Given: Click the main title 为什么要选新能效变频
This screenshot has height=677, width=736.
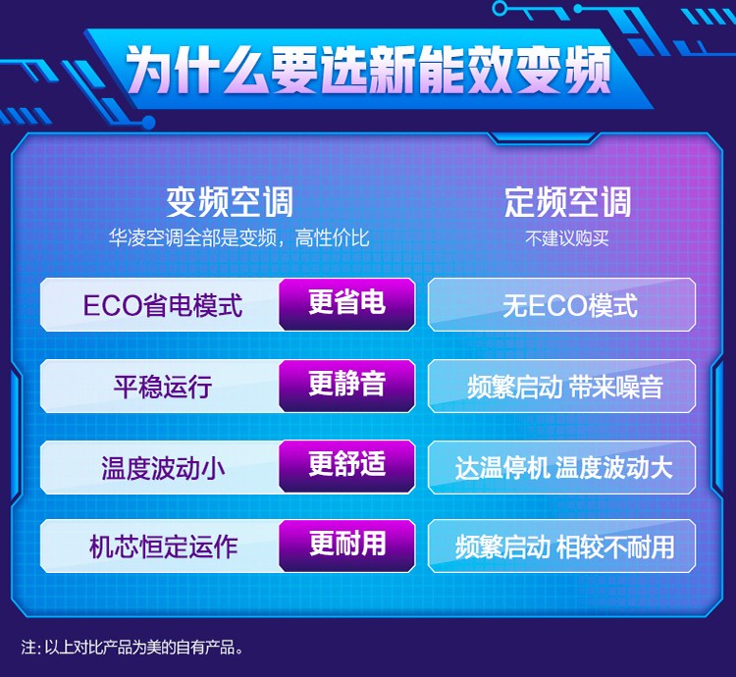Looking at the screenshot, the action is coord(369,69).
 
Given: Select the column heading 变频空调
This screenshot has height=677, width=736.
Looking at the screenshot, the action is coord(230,202).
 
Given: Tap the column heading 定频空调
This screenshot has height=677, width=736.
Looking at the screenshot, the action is coord(568,202).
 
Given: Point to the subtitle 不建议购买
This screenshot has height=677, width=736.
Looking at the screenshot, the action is coord(567,238).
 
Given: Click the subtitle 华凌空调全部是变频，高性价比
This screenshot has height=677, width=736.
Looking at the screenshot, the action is coord(238,238).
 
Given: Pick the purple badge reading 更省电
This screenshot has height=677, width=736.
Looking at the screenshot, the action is coord(346,304).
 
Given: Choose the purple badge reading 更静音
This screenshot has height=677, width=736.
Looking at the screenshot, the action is coord(346,386).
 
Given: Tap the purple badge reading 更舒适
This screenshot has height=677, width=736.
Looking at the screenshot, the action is coord(346,466).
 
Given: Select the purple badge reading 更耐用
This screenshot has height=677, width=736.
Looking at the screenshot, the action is coord(346,546).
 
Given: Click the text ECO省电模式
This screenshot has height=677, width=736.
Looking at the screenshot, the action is coord(162,305).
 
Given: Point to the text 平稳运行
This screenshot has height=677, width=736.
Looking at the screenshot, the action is coord(162,387).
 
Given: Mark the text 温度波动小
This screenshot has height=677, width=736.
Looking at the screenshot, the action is coord(162,468).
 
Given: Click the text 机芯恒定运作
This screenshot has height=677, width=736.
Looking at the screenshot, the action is coord(163,547).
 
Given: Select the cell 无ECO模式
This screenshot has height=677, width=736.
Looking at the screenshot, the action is coord(562,304).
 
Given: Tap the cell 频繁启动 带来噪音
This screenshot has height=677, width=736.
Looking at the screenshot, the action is coord(562,387).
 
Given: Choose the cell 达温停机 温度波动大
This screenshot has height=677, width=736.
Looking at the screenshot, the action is coord(562,467).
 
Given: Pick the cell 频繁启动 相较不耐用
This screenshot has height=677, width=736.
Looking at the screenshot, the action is coord(562,547).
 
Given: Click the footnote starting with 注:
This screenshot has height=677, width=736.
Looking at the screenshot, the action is coord(132,648).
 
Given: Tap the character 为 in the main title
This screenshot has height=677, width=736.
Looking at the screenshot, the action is coord(150,70).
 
